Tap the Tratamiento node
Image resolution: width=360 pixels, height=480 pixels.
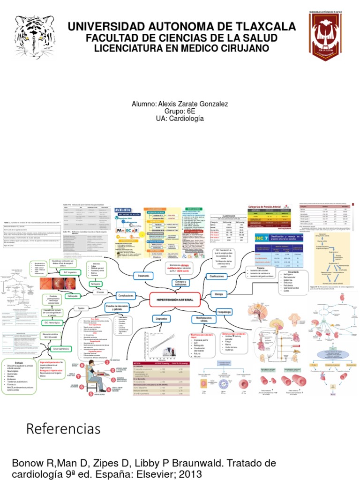point(143,276)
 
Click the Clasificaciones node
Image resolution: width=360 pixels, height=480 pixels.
point(217,277)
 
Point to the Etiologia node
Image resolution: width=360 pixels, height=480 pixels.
point(218,294)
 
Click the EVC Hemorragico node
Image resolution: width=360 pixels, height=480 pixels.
point(53,323)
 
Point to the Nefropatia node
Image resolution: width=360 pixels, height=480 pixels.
point(96,284)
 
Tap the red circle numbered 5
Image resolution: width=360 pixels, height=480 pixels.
point(82,366)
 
